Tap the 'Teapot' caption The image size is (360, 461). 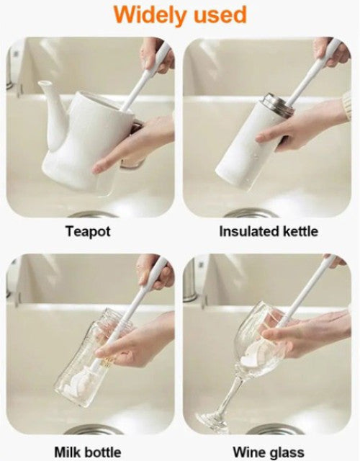(x=88, y=231)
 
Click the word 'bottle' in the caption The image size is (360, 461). (x=102, y=452)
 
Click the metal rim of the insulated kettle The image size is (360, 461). (x=278, y=104)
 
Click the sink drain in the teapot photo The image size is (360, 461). (x=93, y=215)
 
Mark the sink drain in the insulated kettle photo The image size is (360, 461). (x=251, y=213)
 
